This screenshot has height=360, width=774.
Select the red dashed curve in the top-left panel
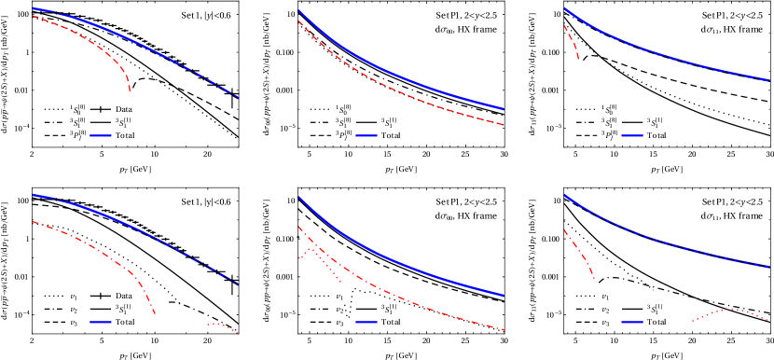coord(93,40)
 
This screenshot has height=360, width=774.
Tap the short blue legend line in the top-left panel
coord(101,135)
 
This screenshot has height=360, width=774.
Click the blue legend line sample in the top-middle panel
coord(366,135)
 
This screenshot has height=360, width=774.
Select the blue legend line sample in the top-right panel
coord(632,135)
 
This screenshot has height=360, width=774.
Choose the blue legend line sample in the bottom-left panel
coord(101,322)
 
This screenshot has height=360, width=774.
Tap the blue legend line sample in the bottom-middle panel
coord(366,322)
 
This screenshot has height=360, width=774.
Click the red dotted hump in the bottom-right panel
coord(732,310)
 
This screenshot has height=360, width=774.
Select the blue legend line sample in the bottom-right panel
coord(632,322)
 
